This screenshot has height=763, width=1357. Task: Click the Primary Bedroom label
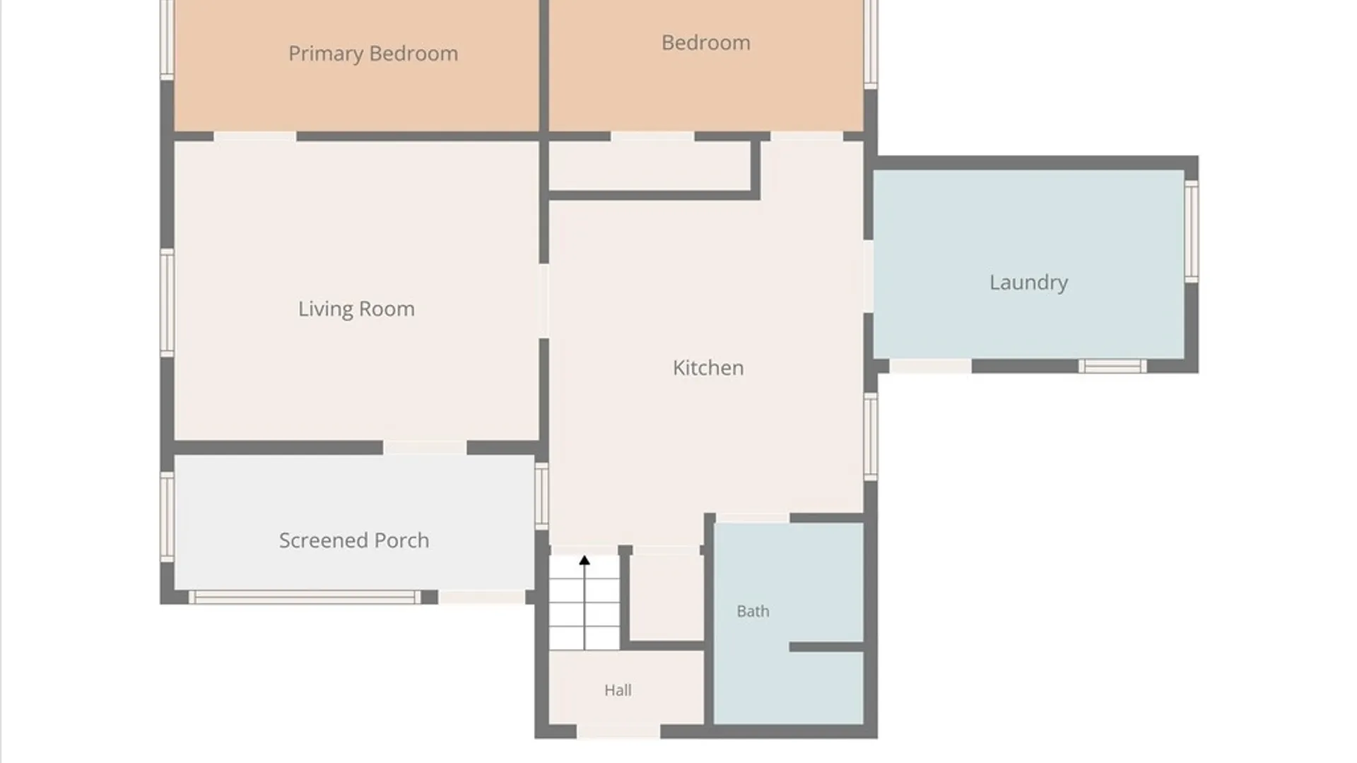[373, 54]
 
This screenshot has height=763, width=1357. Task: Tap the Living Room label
[356, 309]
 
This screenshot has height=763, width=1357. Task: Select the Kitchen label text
[708, 367]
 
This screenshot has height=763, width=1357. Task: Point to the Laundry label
[1028, 283]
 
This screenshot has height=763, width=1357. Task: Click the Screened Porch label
[354, 540]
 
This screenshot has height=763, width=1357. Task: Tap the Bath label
[753, 611]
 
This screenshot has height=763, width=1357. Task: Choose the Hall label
[618, 690]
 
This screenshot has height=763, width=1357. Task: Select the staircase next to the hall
[584, 603]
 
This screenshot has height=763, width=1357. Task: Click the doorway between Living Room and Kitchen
[544, 301]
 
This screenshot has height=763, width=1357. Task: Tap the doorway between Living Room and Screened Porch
[425, 447]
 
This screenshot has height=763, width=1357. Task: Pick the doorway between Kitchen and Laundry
[869, 276]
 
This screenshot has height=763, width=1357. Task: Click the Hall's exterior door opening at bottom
[618, 731]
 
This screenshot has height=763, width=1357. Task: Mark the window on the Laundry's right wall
[1192, 231]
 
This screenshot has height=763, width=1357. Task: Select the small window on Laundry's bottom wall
[1112, 366]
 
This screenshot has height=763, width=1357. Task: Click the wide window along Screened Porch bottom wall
[305, 597]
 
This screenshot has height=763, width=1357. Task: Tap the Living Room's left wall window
[168, 302]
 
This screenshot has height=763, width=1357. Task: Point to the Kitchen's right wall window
[871, 437]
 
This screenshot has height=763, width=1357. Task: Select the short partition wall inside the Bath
[826, 647]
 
